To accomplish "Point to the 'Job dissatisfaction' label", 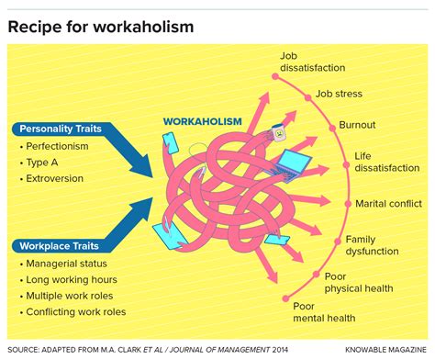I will click(x=313, y=62).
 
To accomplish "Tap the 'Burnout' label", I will click(x=357, y=125).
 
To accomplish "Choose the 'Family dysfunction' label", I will click(x=372, y=245).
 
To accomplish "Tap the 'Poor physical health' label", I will click(x=359, y=281).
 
